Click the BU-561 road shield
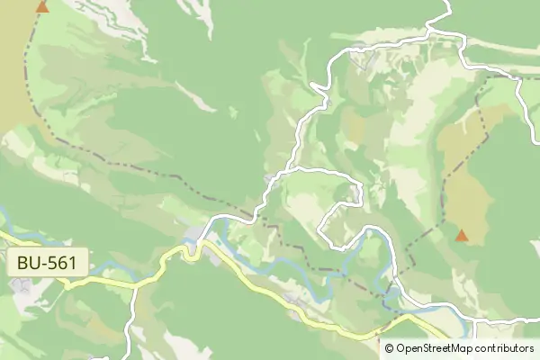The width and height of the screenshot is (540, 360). coord(50,264)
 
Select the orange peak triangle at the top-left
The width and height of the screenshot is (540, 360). coord(41,6)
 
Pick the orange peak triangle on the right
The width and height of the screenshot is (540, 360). coord(462,236)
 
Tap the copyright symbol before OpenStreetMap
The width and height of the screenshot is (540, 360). coord(389,348)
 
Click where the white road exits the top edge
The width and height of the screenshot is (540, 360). coord(447,3)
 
